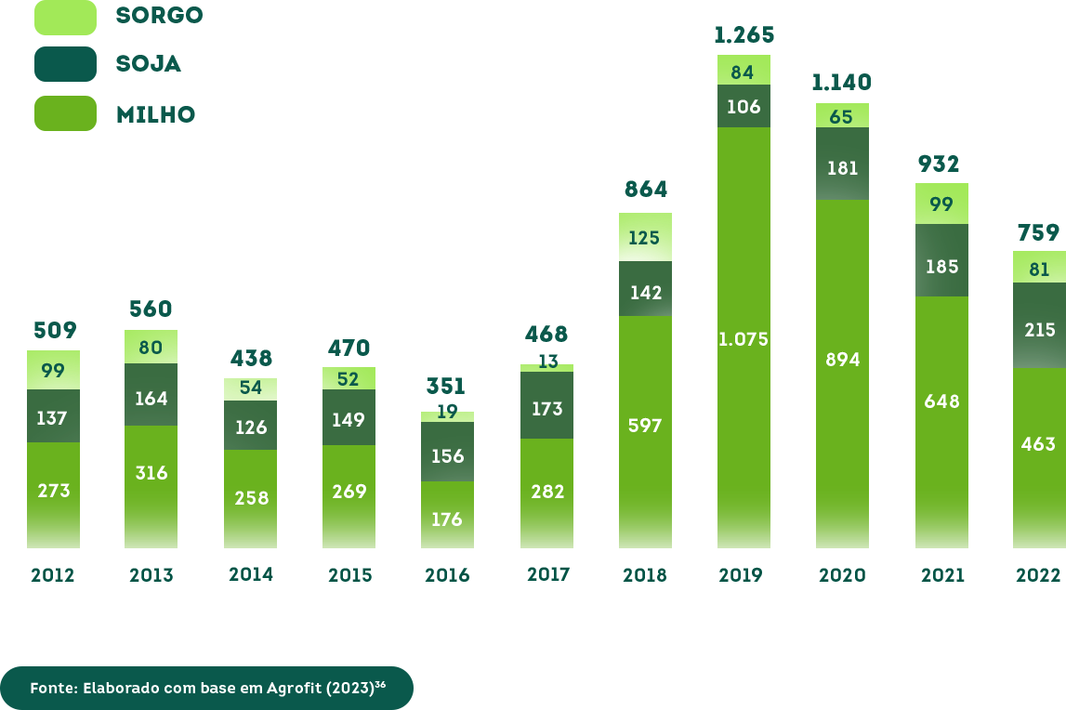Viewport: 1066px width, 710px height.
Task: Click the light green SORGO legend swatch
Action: tap(65, 17)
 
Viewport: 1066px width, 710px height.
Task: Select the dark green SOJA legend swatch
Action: tap(65, 64)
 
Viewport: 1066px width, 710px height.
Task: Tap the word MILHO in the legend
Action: tap(155, 114)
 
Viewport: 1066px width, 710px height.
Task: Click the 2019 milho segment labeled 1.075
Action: tap(744, 338)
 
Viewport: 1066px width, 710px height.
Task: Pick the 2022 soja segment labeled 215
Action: tap(1039, 329)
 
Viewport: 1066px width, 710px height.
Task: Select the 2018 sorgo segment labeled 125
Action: tap(645, 238)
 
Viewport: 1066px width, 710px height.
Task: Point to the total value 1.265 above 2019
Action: tap(744, 35)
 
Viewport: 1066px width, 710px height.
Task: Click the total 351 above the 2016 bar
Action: tap(447, 386)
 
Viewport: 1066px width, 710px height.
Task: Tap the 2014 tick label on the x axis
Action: tap(251, 573)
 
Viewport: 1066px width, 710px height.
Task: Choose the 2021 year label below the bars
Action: tap(942, 575)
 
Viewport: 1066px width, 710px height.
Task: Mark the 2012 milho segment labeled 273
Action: tap(54, 490)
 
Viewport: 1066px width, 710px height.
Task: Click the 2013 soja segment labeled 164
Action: tap(151, 398)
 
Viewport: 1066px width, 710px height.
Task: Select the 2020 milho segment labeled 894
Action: tap(842, 360)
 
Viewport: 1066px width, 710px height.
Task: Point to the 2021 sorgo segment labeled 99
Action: tap(941, 204)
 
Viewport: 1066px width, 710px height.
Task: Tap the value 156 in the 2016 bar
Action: tap(447, 455)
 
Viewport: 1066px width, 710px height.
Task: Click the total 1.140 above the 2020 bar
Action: tap(841, 83)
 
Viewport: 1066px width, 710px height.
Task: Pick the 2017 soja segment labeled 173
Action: tap(546, 406)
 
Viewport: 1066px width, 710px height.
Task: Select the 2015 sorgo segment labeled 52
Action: tap(349, 379)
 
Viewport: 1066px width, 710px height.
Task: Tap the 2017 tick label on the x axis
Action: tap(548, 573)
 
